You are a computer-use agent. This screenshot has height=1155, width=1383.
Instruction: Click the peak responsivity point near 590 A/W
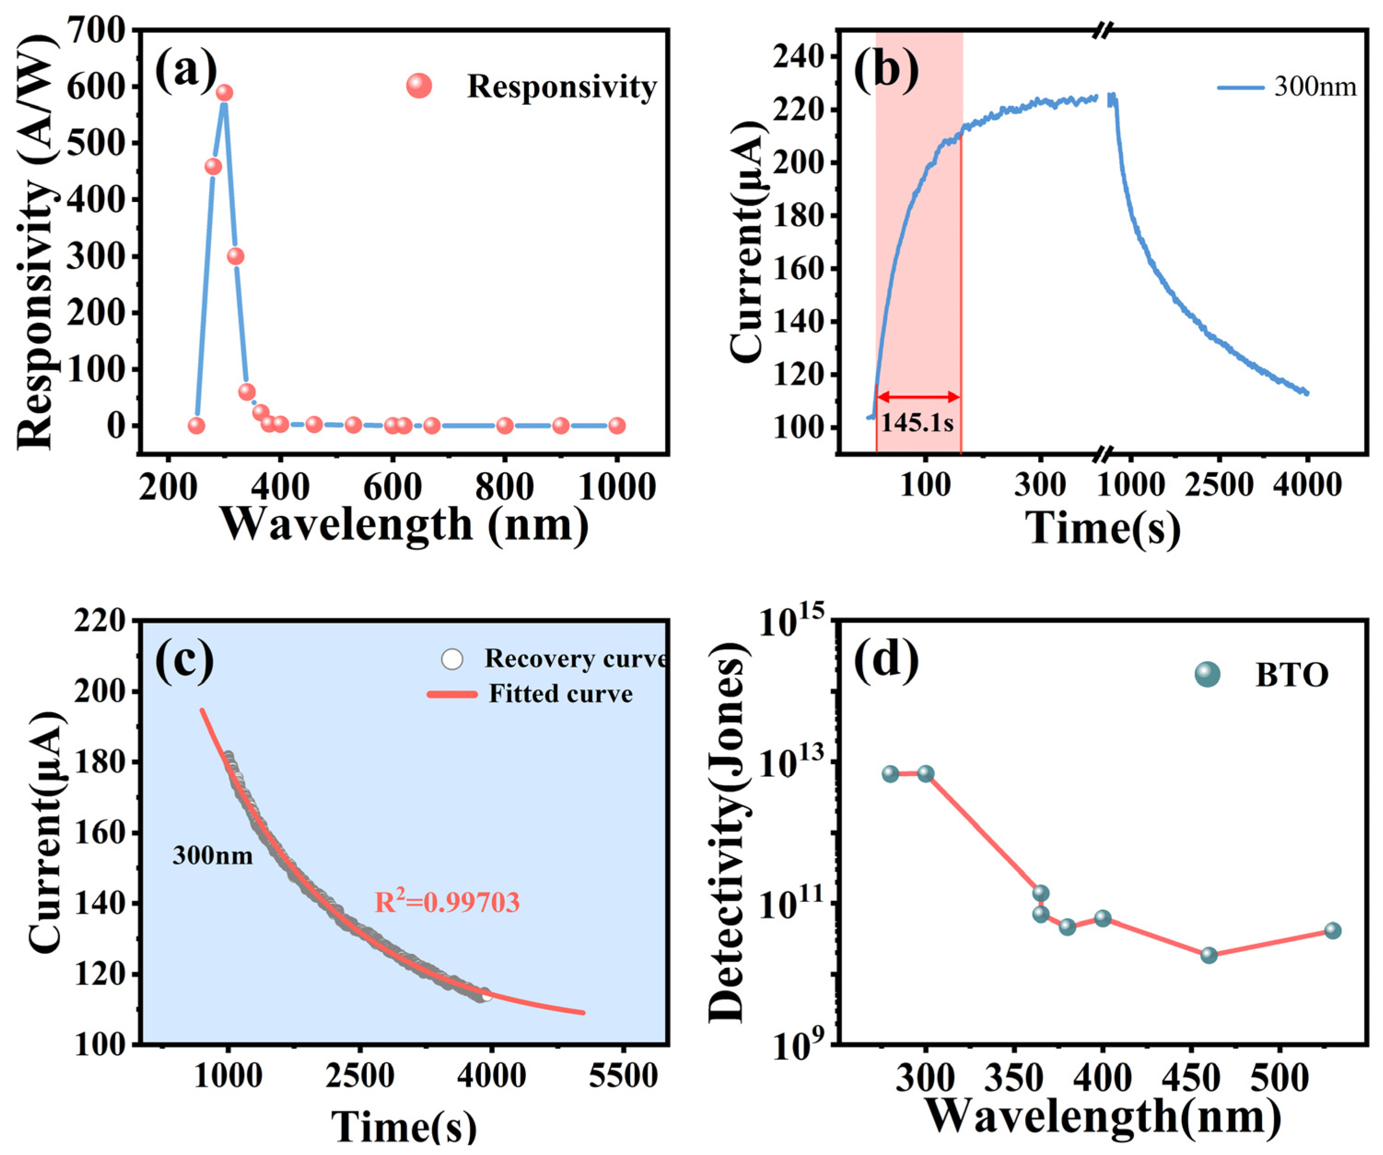(225, 92)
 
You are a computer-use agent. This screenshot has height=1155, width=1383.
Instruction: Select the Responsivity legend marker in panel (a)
(419, 86)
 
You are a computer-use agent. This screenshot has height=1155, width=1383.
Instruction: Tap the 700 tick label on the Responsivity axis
(96, 30)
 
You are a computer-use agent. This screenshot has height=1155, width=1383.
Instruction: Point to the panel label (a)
(186, 69)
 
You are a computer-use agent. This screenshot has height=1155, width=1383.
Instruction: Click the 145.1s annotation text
(917, 422)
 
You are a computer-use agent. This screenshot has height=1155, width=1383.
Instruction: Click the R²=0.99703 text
(447, 901)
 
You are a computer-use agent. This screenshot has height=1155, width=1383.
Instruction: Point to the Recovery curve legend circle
(452, 659)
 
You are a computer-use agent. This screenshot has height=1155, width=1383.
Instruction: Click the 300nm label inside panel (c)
(213, 856)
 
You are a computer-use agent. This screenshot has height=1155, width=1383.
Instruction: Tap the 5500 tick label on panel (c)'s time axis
(623, 1076)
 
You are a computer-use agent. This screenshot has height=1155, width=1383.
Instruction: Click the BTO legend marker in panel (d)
(1207, 674)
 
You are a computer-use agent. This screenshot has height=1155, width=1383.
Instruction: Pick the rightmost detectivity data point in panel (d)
(1332, 930)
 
